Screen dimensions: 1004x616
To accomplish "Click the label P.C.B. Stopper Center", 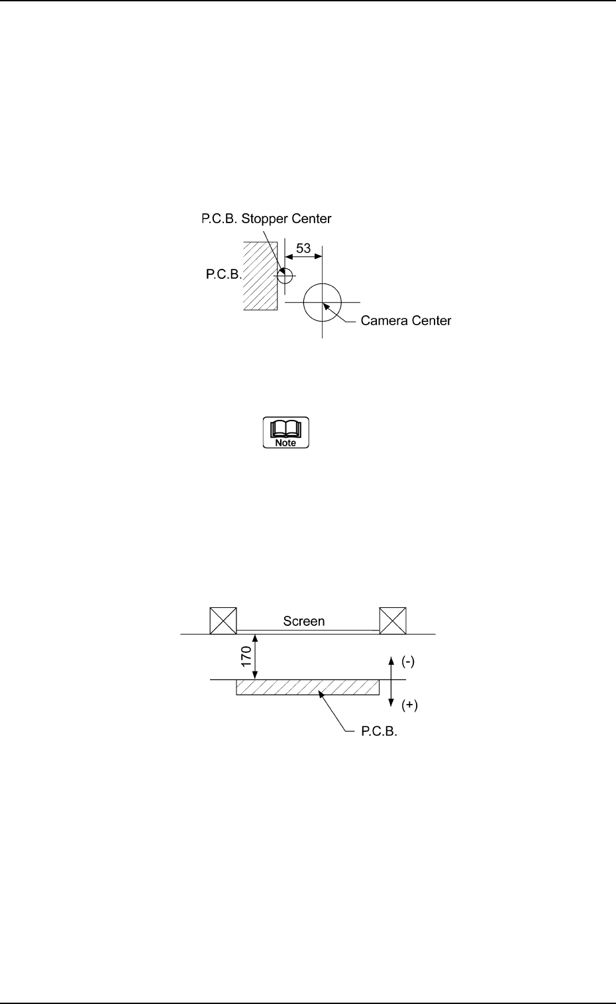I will click(x=266, y=219).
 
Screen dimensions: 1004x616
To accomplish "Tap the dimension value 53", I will click(x=303, y=248).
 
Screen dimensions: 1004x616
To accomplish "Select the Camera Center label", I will click(x=405, y=321).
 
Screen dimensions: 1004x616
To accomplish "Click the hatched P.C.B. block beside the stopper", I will click(x=260, y=276).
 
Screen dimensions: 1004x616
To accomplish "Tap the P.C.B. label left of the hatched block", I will click(x=223, y=274).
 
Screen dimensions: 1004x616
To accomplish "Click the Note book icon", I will click(x=286, y=432).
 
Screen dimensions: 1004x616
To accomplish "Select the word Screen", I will click(x=304, y=621).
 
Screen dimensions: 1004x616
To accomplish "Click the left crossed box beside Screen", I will click(x=223, y=621).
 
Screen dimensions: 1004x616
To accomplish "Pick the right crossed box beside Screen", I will click(x=393, y=621).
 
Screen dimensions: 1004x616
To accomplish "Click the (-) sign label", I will click(x=408, y=662).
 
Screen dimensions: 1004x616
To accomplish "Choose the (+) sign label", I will click(x=409, y=705).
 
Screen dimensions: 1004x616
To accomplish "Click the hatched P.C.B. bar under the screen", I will click(x=307, y=687).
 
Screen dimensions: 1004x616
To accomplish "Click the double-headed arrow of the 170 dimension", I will click(x=255, y=657).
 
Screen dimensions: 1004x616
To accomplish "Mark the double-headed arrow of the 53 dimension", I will click(x=303, y=258).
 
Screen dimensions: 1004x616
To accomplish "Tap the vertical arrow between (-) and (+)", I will click(x=392, y=682).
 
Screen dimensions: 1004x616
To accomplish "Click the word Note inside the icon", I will click(x=286, y=442).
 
